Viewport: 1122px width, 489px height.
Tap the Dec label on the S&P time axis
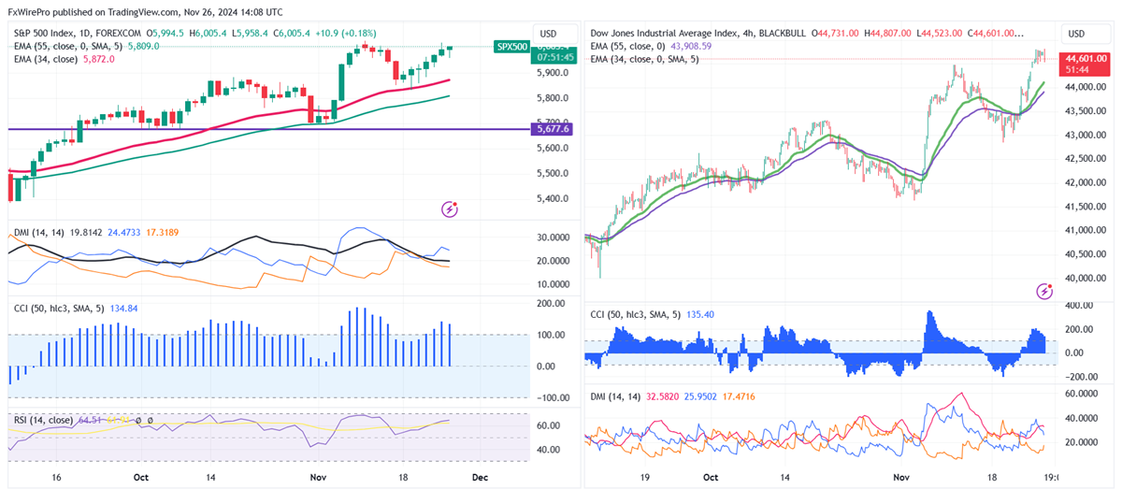point(479,477)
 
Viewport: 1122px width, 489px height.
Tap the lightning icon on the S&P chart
point(450,209)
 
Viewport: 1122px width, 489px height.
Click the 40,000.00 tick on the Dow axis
point(1086,279)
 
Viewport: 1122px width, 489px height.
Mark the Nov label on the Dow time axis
point(901,477)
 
